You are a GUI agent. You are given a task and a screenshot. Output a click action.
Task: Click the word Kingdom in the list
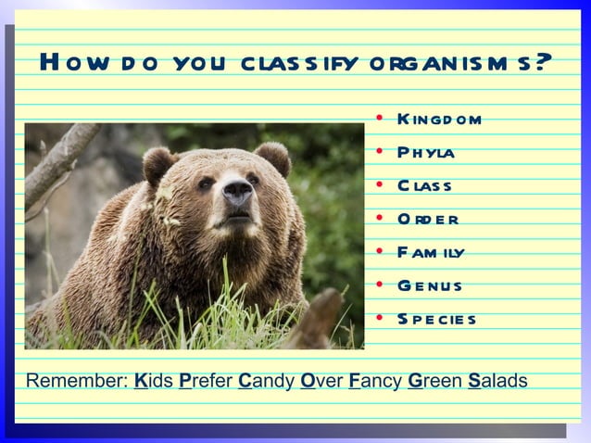[439, 119]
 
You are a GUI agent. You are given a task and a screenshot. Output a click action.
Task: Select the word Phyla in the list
[425, 152]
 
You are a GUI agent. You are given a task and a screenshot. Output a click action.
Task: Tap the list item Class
[424, 185]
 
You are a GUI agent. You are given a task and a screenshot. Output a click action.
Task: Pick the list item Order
[427, 219]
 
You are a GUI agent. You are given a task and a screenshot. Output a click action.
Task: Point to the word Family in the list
[430, 252]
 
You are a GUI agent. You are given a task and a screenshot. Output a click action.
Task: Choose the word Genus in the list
[429, 285]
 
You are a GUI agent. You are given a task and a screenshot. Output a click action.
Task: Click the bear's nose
[237, 192]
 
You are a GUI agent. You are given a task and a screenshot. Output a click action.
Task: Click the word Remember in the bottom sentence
[76, 381]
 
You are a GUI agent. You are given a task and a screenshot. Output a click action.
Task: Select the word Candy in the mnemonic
[266, 381]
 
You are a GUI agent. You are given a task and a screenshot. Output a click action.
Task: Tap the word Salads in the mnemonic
[497, 381]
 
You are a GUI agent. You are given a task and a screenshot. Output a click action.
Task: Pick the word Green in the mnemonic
[434, 381]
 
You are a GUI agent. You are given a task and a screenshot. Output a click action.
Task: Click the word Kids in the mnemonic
[154, 381]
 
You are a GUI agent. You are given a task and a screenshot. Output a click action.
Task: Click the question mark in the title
[544, 64]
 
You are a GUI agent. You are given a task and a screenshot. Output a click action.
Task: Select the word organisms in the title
[449, 64]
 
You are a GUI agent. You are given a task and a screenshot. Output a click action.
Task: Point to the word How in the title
[70, 64]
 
